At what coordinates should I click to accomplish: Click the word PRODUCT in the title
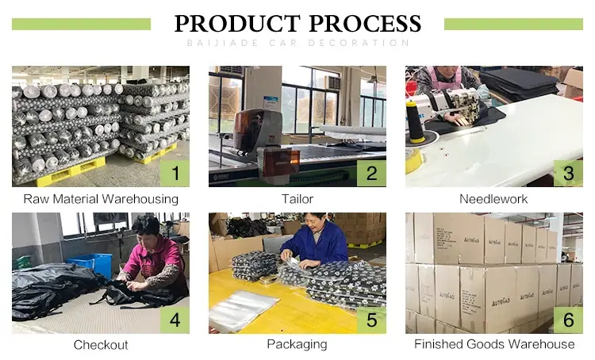[237, 24]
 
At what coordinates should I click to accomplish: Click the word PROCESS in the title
[365, 24]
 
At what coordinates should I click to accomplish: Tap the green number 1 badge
[175, 173]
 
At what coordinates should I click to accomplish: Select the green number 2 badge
[371, 173]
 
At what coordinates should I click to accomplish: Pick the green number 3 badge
[568, 173]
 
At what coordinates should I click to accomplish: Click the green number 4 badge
[175, 320]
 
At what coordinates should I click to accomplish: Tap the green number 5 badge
[371, 320]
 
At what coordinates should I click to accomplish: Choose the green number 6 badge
[568, 320]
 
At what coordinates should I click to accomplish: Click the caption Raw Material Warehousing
[101, 199]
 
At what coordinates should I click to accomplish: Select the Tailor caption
[297, 199]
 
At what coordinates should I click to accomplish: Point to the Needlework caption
[493, 199]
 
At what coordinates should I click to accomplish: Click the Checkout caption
[101, 345]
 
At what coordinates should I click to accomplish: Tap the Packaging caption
[297, 344]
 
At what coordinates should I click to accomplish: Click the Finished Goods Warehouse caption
[494, 344]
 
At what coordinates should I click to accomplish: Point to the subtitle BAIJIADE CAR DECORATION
[298, 43]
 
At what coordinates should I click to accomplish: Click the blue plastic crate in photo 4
[91, 264]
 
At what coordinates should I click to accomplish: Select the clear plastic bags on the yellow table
[244, 310]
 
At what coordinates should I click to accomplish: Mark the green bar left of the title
[81, 24]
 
